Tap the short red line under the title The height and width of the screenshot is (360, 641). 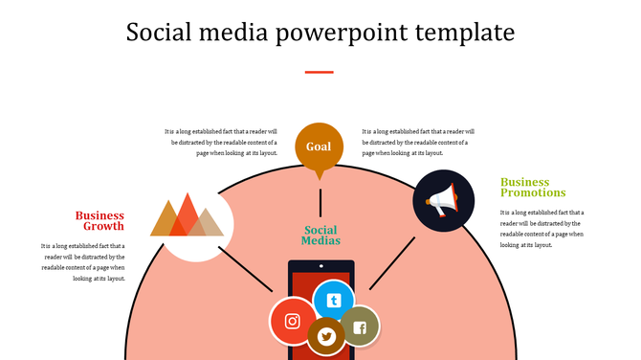(319, 72)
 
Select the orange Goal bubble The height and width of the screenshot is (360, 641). (319, 146)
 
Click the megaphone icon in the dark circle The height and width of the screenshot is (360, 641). (443, 200)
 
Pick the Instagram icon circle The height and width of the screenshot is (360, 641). (293, 322)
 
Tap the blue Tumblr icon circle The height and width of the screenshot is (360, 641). (333, 301)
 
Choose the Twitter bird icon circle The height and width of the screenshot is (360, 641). (326, 336)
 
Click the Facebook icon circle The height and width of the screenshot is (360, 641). (360, 327)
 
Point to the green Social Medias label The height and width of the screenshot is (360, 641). (320, 236)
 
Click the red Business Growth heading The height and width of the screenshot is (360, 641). (100, 221)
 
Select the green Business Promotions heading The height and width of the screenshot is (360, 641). (533, 187)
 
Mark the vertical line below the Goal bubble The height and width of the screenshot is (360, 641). (320, 202)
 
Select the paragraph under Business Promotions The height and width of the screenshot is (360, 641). (542, 229)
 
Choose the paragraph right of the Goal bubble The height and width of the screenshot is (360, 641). (418, 142)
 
